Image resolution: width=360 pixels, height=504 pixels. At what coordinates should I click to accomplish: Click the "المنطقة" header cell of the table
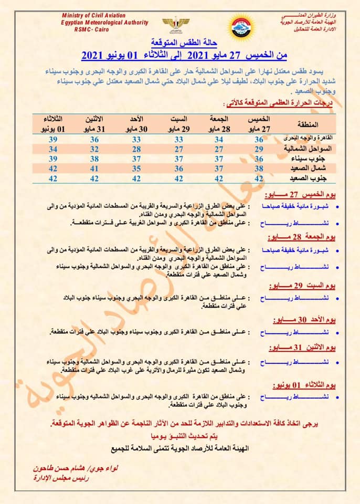pos(308,124)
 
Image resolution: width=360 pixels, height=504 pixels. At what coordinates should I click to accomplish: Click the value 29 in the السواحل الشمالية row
pos(259,149)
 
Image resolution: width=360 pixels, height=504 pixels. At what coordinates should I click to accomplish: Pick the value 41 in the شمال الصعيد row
pos(95,169)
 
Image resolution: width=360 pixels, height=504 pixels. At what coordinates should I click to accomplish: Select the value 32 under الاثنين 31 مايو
pos(95,149)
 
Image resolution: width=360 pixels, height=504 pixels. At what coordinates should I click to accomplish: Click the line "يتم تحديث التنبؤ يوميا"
pos(180,436)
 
